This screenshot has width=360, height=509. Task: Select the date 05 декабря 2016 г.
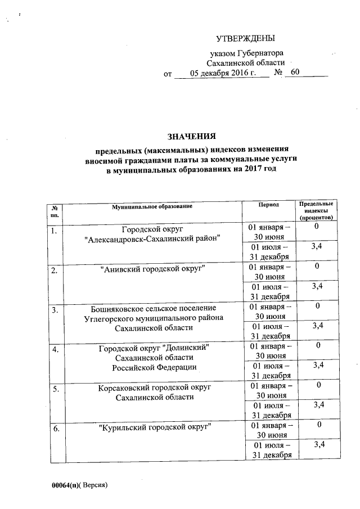coord(223,73)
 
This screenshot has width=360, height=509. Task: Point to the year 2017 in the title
coord(253,170)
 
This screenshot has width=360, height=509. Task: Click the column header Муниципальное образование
coord(152,206)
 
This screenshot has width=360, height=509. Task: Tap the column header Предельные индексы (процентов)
coord(317,210)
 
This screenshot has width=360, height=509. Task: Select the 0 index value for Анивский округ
coord(318,265)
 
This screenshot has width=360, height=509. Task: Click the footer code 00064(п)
coord(66,484)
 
